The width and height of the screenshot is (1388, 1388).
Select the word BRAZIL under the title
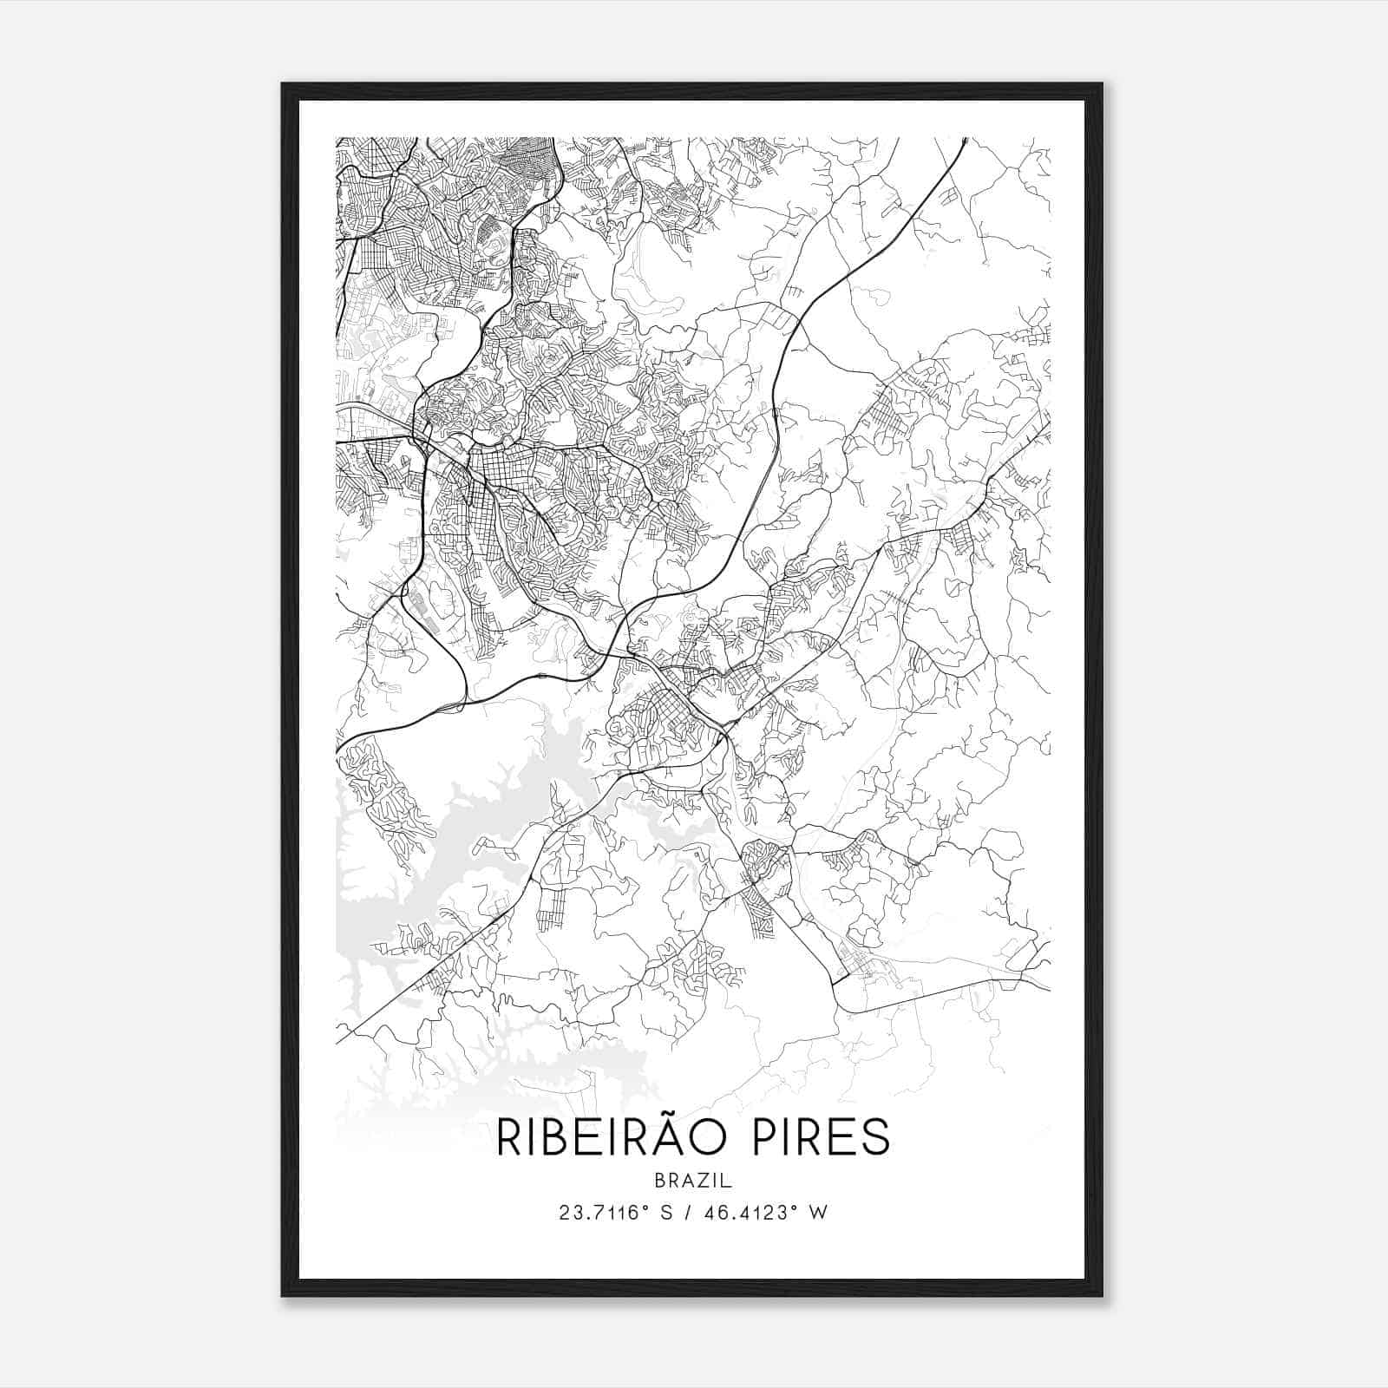tap(693, 1181)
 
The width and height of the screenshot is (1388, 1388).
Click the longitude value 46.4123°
tap(750, 1212)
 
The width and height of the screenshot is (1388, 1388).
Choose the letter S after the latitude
tap(666, 1212)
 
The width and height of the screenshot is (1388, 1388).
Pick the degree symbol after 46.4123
tap(793, 1207)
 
